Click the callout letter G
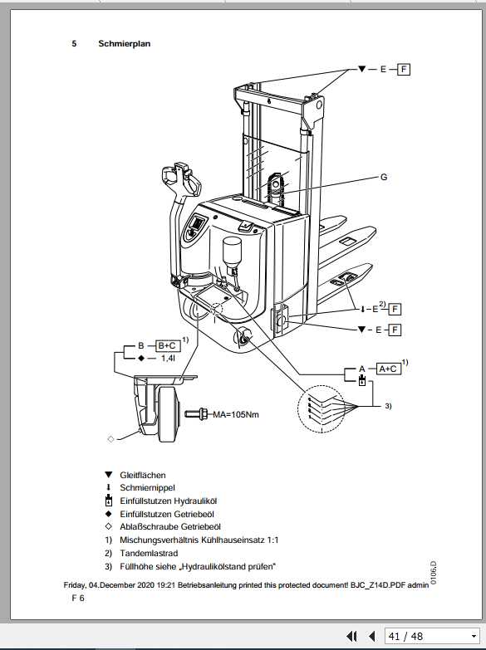(384, 177)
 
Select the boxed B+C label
(167, 345)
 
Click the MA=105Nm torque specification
(236, 413)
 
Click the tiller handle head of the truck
(179, 176)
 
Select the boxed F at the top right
(404, 69)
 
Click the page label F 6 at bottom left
(78, 598)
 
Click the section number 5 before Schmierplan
(74, 43)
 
